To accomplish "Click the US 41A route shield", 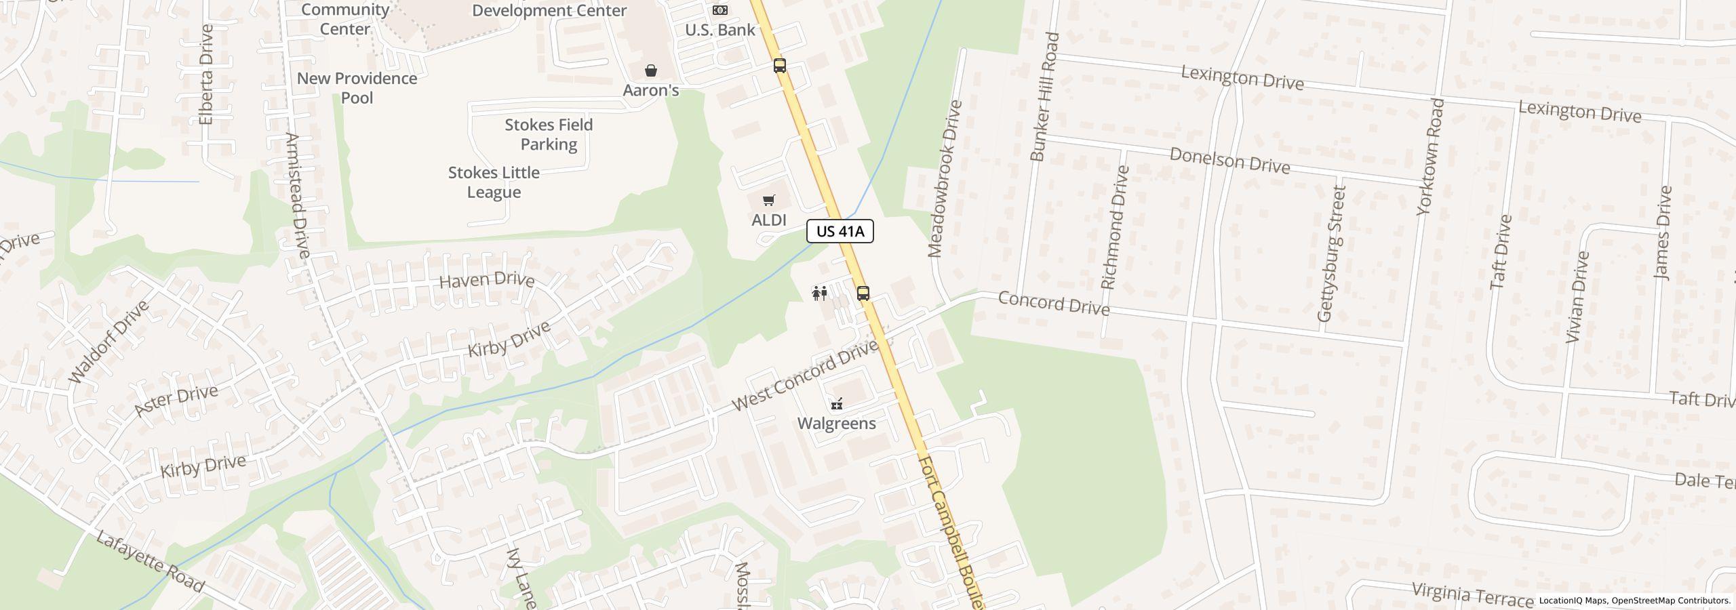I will click(x=840, y=231).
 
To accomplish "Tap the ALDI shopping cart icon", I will click(x=768, y=201).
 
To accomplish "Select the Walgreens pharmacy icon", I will click(x=837, y=405).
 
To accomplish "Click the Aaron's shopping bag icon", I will click(x=651, y=70).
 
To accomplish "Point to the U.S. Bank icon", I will click(x=719, y=10).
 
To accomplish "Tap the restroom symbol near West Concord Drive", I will click(x=820, y=293).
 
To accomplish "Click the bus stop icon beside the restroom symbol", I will click(x=863, y=293).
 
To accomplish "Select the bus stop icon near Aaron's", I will click(x=780, y=66).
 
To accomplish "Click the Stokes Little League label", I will click(x=494, y=182).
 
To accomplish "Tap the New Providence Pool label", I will click(x=357, y=88).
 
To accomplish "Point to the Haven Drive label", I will click(x=487, y=280).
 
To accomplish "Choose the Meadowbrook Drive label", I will click(x=945, y=179).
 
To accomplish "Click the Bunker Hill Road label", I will click(x=1044, y=97).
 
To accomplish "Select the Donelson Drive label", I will click(x=1229, y=161).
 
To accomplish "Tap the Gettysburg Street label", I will click(x=1330, y=253).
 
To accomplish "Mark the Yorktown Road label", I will click(x=1431, y=157).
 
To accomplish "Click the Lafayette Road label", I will click(x=149, y=562).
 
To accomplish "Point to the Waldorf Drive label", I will click(x=109, y=342).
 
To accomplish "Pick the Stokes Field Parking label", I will click(x=549, y=134).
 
